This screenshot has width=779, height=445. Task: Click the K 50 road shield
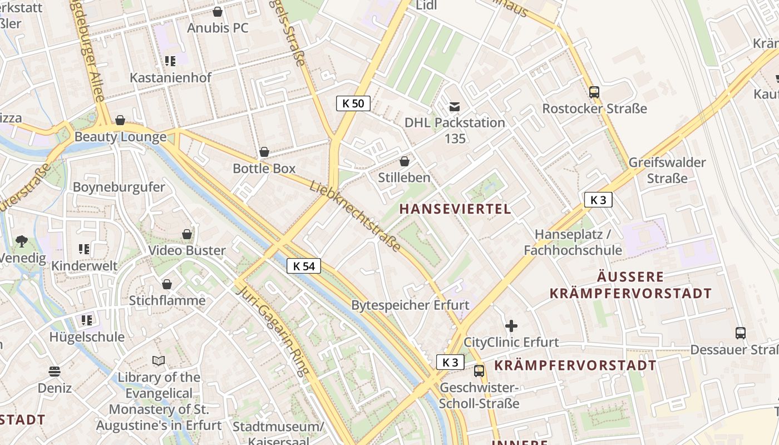(353, 103)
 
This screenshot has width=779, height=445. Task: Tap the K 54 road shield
(304, 266)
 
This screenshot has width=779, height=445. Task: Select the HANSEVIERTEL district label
(455, 209)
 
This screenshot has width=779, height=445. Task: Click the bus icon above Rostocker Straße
(594, 92)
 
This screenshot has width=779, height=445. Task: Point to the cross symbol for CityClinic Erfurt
(511, 326)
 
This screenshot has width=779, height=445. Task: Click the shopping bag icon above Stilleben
(405, 161)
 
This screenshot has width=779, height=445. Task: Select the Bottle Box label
(264, 168)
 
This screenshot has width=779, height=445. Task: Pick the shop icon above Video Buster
(187, 234)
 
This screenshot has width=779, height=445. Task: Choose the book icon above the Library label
(159, 361)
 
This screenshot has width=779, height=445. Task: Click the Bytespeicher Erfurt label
(410, 305)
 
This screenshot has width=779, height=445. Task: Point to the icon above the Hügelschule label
(86, 320)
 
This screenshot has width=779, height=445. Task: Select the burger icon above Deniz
(55, 371)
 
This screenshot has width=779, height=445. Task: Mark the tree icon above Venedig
(22, 241)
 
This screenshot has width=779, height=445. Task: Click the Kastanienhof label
(170, 77)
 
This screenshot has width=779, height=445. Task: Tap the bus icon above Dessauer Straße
(740, 333)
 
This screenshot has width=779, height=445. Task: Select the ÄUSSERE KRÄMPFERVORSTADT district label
(630, 285)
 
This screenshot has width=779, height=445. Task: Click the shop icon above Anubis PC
(218, 12)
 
